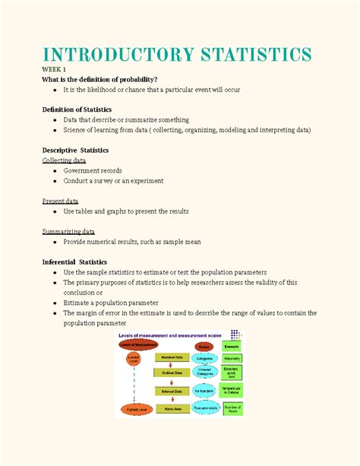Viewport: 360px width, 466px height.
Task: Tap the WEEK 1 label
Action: pos(55,69)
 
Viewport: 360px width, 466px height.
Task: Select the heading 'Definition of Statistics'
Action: pos(82,109)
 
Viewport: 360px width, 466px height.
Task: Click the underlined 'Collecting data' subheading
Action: pos(64,161)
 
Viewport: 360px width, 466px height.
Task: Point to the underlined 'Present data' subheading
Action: pos(60,201)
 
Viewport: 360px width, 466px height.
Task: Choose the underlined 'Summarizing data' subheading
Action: pos(68,231)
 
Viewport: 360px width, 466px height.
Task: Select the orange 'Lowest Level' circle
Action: pos(134,357)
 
